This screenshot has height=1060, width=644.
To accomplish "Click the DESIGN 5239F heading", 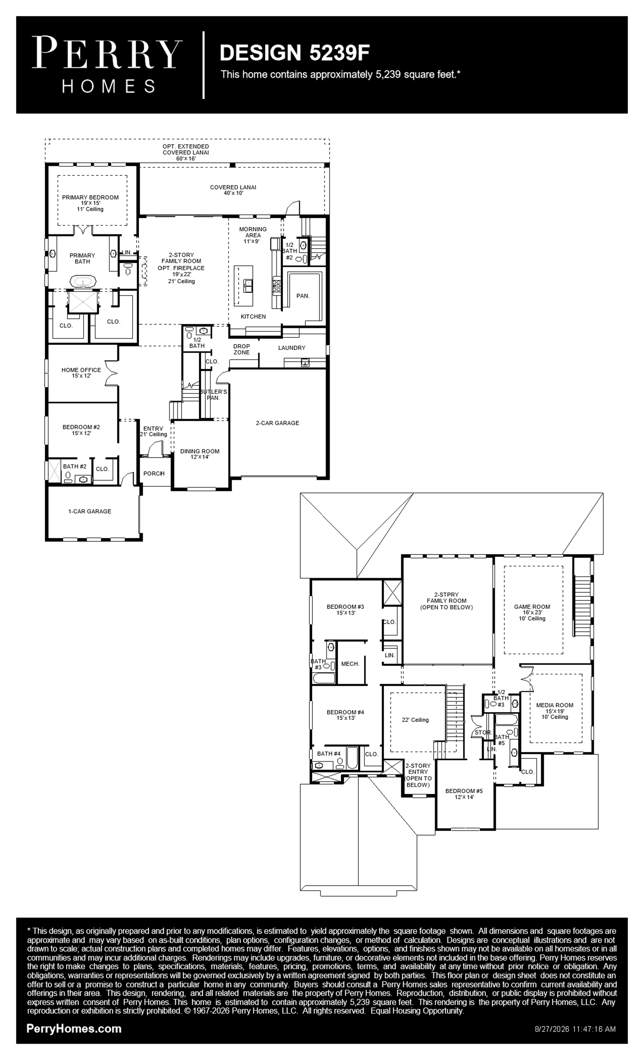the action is [x=294, y=53].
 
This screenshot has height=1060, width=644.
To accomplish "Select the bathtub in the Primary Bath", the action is [x=82, y=282].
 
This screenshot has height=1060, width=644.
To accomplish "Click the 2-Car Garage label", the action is [x=278, y=423].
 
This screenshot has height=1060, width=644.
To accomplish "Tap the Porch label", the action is [x=154, y=474].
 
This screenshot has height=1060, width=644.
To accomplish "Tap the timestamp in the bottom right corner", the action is [x=575, y=1029].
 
